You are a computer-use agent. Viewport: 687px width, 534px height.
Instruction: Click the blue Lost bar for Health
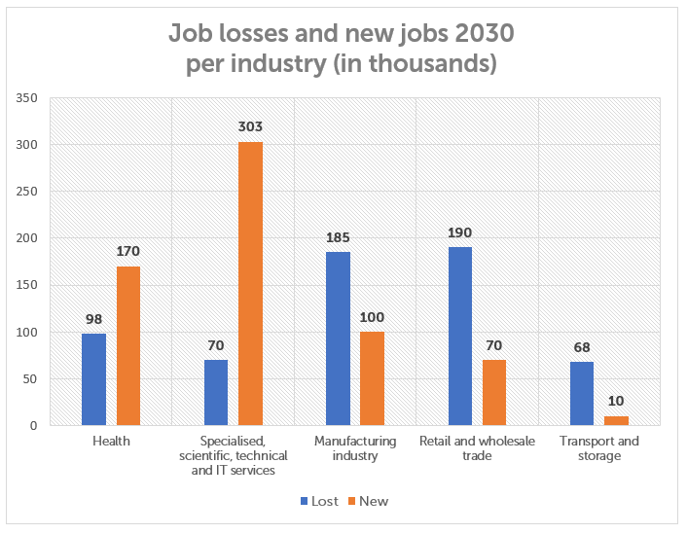93,379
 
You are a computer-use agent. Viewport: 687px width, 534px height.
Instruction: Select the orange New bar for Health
128,345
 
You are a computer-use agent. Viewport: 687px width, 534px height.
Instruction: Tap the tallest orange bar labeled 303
250,283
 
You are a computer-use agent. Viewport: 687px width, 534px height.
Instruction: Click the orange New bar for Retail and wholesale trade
494,392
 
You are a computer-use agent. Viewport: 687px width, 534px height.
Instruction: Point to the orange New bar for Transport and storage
617,420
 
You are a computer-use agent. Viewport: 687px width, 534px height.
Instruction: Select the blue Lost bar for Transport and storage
582,393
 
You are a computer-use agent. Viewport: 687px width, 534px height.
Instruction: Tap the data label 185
338,236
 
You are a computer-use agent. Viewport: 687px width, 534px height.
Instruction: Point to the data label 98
93,318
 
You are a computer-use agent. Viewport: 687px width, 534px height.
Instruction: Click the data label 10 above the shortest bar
617,401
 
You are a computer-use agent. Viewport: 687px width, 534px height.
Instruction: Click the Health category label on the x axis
111,442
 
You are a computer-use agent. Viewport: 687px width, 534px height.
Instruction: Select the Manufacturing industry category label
355,448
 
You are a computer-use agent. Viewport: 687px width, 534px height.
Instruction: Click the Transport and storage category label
599,448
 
